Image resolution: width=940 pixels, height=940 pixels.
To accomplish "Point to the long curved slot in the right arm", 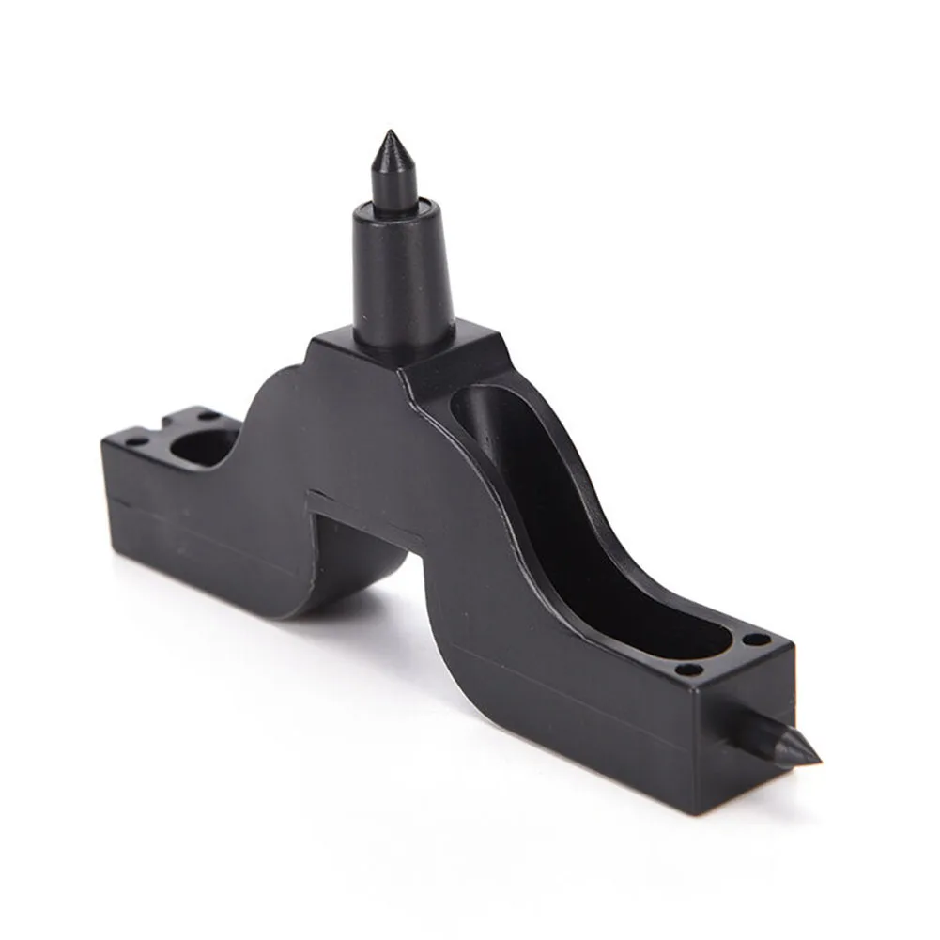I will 563,526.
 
